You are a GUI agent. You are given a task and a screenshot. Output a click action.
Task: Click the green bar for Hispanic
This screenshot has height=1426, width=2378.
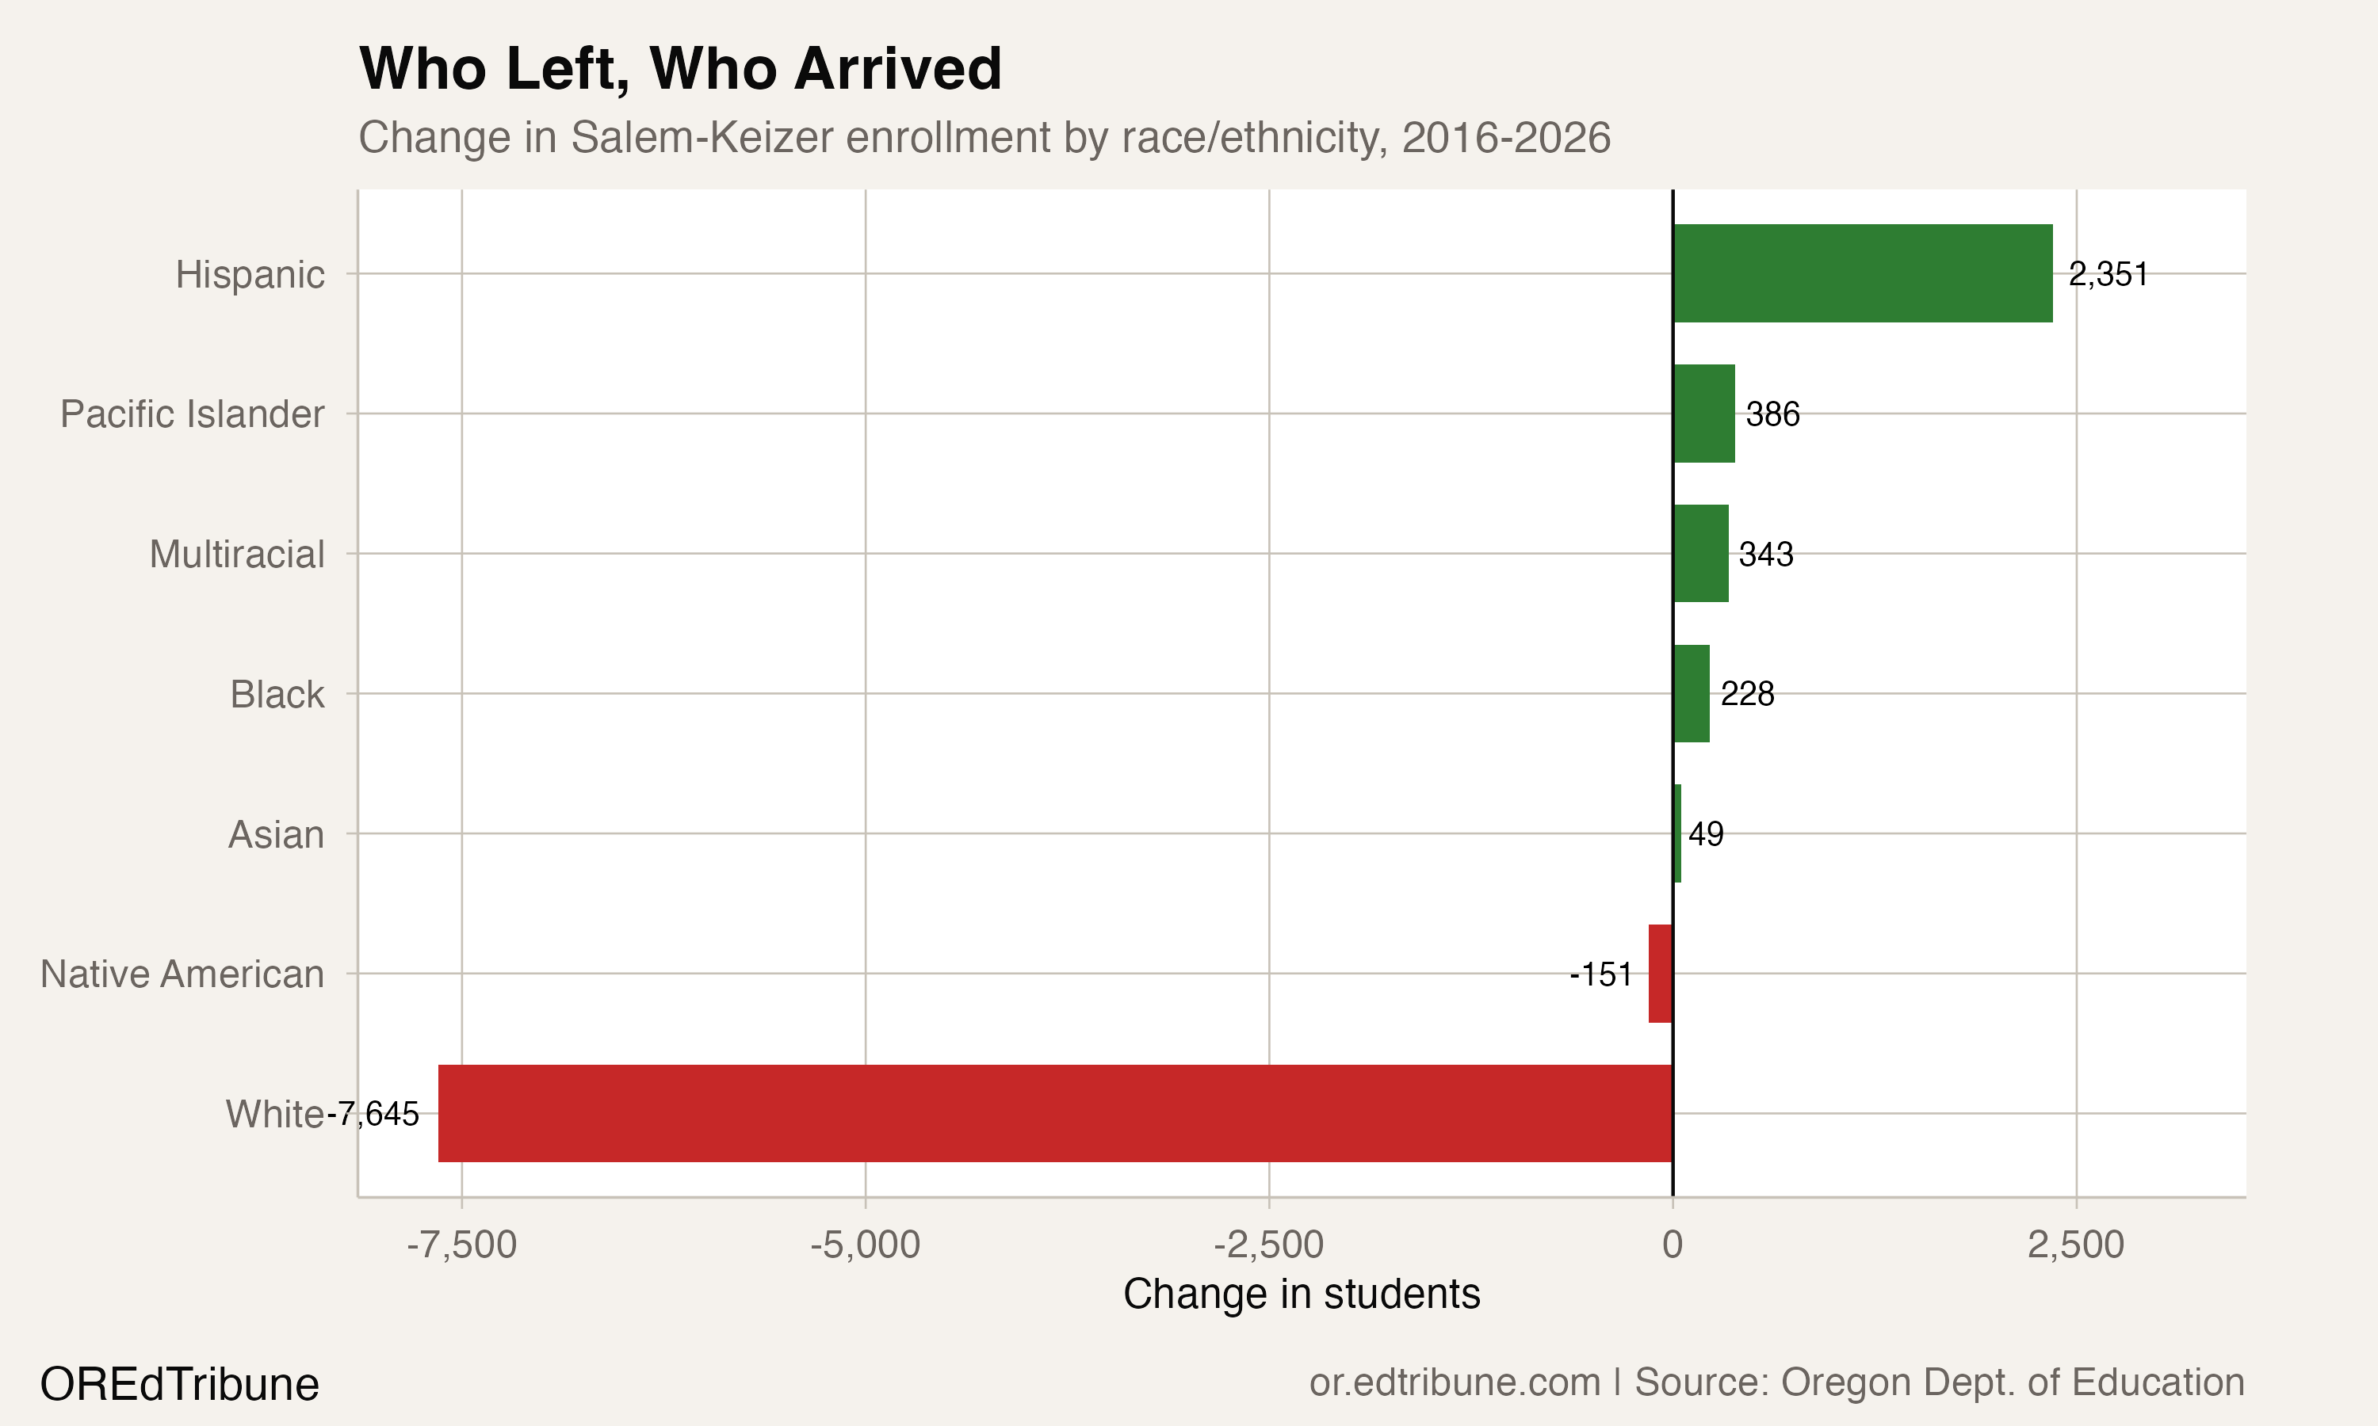click(1862, 274)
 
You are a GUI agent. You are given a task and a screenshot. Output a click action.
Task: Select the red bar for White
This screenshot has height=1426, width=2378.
click(1054, 1113)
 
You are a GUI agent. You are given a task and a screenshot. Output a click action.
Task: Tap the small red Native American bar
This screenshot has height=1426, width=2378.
click(1660, 974)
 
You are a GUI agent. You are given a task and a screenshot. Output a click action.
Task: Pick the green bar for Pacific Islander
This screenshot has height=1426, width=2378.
click(1703, 414)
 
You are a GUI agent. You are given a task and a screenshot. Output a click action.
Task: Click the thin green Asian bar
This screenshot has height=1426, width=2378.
click(1677, 833)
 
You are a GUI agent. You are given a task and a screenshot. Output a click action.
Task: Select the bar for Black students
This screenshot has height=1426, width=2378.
click(1691, 693)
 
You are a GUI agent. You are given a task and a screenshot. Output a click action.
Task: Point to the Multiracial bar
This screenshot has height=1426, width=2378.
click(1700, 554)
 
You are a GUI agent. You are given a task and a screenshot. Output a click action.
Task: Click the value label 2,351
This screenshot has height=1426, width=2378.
click(2107, 275)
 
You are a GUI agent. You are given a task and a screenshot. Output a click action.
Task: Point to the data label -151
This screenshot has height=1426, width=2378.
click(1600, 974)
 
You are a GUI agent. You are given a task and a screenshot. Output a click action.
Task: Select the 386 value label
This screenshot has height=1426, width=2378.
click(1772, 414)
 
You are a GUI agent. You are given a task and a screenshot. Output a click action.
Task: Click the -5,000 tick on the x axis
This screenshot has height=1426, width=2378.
click(865, 1245)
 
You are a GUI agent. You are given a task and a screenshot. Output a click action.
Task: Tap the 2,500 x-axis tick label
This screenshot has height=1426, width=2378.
click(2075, 1245)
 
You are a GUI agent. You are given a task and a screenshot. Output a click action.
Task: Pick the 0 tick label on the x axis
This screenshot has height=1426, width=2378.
click(1673, 1245)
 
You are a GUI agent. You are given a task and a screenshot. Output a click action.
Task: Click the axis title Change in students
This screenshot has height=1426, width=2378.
click(1302, 1294)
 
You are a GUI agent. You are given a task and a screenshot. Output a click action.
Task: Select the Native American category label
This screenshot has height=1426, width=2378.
click(182, 974)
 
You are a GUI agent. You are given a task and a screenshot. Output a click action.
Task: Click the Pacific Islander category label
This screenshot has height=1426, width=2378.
click(193, 414)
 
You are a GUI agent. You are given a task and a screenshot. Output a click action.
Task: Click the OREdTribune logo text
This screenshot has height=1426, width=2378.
click(180, 1385)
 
